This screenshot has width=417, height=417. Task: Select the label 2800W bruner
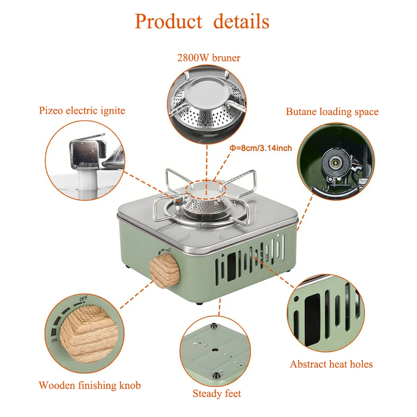tap(208, 58)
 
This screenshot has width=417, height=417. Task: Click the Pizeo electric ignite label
tap(82, 111)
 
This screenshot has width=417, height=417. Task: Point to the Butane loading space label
tap(332, 111)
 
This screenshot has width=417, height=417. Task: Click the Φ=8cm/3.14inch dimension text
tap(261, 148)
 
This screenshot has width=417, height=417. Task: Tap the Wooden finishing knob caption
tap(90, 385)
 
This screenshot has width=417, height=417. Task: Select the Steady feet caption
tap(216, 393)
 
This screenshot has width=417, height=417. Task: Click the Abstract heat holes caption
tap(331, 364)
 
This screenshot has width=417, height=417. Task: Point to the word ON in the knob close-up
tap(55, 340)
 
